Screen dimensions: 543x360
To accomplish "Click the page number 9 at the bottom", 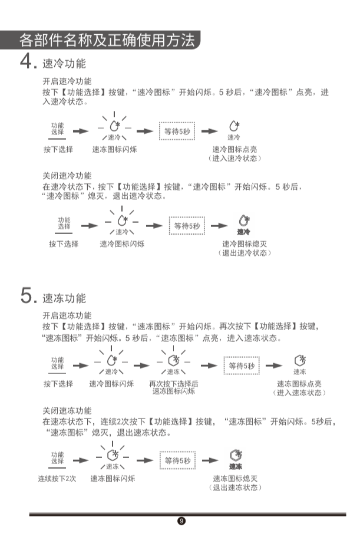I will tap(181, 521).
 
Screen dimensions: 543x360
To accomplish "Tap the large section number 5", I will tap(26, 295).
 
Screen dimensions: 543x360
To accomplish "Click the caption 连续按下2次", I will tap(57, 478).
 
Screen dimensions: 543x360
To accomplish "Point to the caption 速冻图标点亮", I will tap(299, 384).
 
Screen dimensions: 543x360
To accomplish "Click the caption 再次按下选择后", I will tap(174, 383).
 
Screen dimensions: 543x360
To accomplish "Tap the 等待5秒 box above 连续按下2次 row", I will tap(177, 460).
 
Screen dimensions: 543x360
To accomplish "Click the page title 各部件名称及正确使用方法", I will tap(106, 40).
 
